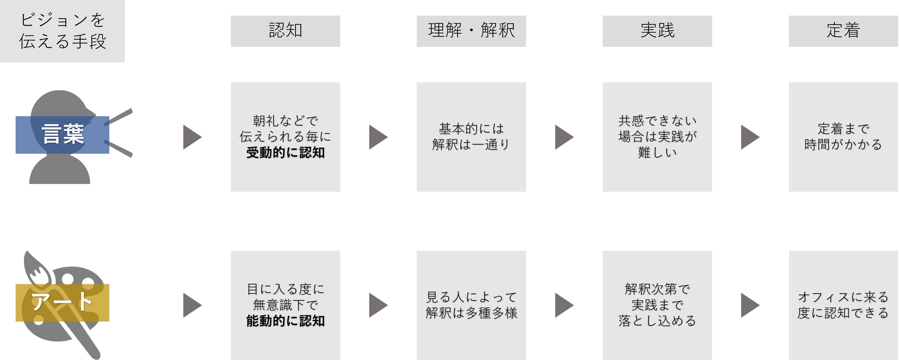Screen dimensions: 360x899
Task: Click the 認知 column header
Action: tap(285, 31)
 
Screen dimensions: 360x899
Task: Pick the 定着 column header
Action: tap(843, 31)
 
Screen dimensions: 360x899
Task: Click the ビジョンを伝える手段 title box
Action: tap(62, 31)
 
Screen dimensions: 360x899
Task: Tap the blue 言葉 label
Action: tap(62, 135)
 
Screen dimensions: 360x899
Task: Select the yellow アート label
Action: tap(62, 302)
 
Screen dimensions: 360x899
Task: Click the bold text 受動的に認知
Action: tap(285, 153)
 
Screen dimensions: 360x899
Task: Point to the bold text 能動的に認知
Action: tap(285, 321)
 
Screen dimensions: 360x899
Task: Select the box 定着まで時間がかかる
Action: tap(843, 137)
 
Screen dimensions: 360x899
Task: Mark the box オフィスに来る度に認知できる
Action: tap(843, 305)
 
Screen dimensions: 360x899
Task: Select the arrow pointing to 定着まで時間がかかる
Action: tap(749, 137)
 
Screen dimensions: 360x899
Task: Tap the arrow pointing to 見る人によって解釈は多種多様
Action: tap(378, 305)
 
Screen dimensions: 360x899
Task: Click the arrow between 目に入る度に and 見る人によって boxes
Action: tap(378, 305)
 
